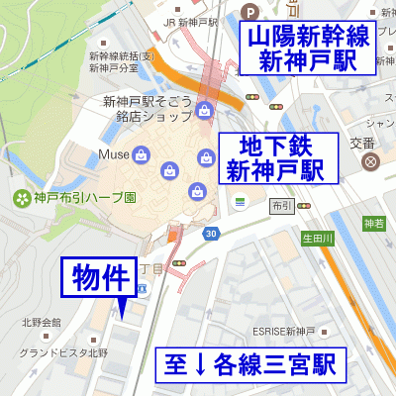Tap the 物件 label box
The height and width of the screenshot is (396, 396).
99,277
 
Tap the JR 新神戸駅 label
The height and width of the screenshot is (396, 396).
190,21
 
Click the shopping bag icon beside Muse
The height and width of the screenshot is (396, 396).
142,155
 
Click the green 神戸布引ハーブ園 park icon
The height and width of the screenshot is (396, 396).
21,198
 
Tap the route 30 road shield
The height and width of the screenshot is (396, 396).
211,234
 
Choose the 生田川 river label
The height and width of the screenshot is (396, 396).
318,239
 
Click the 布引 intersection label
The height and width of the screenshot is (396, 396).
281,207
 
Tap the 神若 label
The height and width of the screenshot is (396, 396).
372,223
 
